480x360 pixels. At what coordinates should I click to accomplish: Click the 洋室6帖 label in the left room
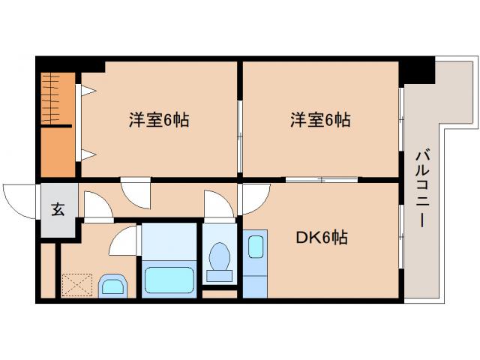tap(158, 119)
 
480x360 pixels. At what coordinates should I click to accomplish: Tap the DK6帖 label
tap(321, 238)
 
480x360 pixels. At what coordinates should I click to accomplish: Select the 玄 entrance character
tap(58, 209)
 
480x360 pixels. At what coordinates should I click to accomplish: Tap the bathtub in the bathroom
tap(169, 279)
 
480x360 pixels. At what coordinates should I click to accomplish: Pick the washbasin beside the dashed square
tap(114, 285)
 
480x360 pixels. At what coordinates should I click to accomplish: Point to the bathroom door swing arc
tap(124, 242)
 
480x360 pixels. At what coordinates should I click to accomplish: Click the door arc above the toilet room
tap(217, 205)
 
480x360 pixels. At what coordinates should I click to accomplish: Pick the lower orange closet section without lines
tap(58, 153)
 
